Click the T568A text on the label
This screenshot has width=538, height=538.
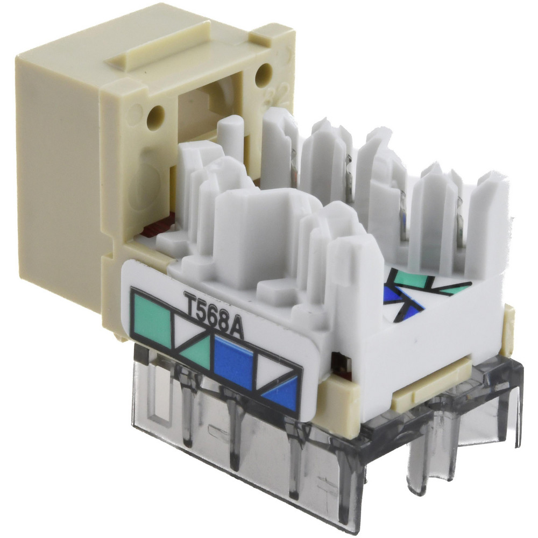pyautogui.click(x=214, y=315)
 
